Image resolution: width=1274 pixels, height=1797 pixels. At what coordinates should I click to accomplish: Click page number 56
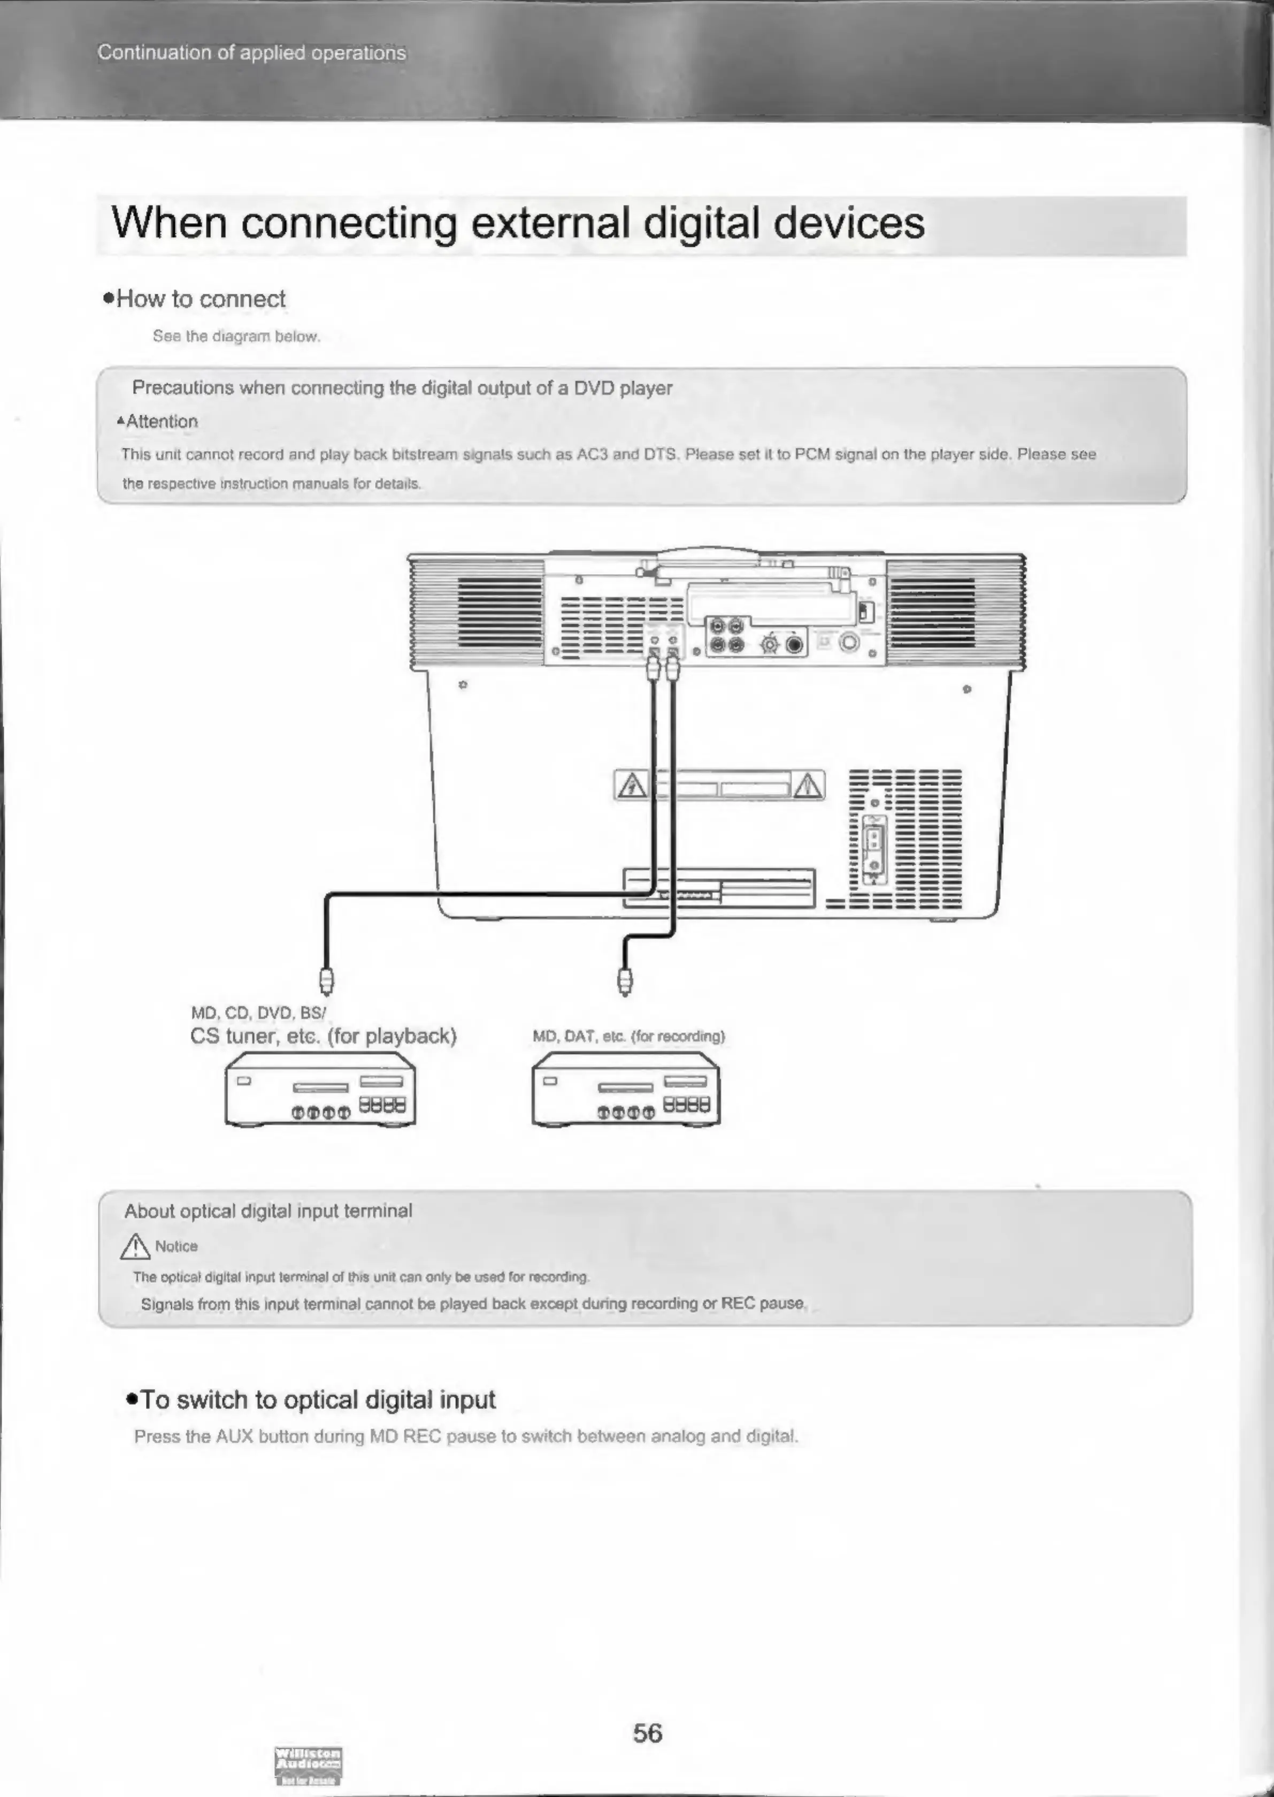coord(647,1733)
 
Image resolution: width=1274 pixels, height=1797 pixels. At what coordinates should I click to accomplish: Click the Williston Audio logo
coord(308,1765)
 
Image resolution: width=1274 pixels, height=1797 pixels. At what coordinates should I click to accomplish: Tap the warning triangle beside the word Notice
coord(135,1246)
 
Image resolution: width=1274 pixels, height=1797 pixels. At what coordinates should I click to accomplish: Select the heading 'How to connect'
coord(200,299)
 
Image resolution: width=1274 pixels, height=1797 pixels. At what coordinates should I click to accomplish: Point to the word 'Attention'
coord(162,421)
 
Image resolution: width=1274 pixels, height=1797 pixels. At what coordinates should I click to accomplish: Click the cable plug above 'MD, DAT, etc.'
coord(625,980)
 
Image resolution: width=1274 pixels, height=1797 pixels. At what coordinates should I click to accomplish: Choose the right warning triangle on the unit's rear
coord(808,785)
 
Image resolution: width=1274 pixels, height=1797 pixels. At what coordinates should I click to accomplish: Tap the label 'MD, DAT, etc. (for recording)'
coord(628,1036)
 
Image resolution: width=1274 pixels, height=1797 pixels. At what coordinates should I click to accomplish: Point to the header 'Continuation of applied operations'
coord(252,52)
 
